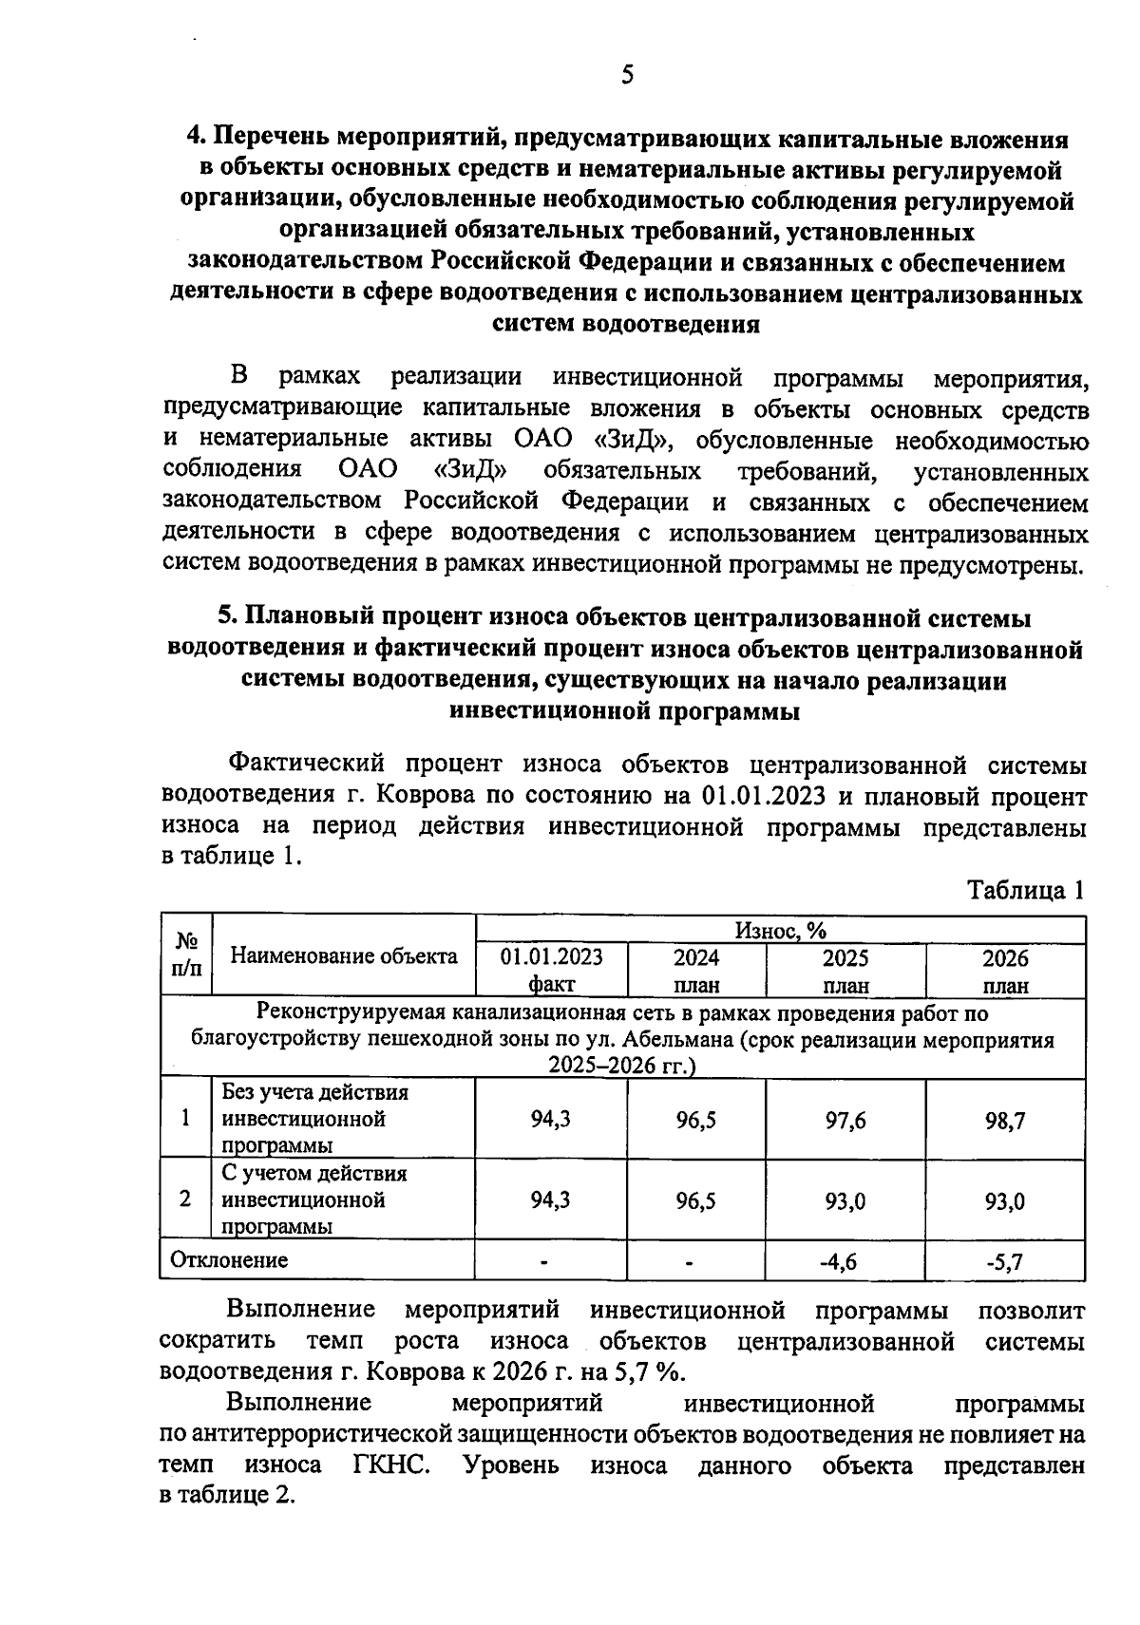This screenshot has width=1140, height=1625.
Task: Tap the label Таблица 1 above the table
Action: point(1025,890)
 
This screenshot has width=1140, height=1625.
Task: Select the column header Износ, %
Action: point(780,930)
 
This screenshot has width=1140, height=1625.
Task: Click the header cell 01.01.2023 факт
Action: point(551,970)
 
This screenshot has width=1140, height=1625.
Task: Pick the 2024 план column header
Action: point(696,970)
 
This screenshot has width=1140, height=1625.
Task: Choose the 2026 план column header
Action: point(1005,970)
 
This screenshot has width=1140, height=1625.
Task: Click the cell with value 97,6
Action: point(845,1120)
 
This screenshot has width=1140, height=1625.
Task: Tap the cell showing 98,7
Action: point(1005,1120)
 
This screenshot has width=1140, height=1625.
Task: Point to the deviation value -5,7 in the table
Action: point(1005,1261)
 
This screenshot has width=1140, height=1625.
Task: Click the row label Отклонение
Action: point(229,1260)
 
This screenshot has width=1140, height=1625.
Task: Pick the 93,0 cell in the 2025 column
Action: point(845,1201)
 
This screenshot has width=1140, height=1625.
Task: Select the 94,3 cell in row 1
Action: point(551,1120)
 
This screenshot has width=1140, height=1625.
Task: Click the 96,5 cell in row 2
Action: point(696,1201)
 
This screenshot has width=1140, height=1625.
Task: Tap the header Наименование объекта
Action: point(344,956)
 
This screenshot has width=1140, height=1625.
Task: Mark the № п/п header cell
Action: point(186,955)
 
